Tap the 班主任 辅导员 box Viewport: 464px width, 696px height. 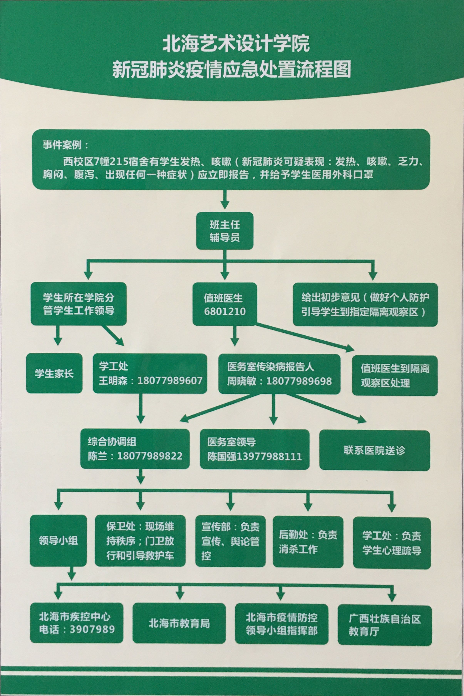[x=225, y=231]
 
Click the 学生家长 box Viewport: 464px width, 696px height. [x=54, y=373]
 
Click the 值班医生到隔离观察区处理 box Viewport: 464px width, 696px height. [x=394, y=376]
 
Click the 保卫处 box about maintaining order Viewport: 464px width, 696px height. [x=140, y=541]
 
